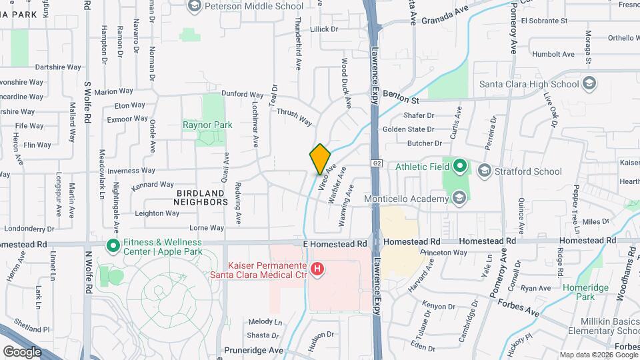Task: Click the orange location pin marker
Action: pos(320,159)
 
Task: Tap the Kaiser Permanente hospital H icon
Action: pos(317,270)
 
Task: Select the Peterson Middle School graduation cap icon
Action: pos(195,7)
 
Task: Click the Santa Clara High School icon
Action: pos(589,84)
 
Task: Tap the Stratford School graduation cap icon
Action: pos(484,171)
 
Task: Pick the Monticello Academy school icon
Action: pos(459,198)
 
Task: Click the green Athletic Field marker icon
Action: pos(460,166)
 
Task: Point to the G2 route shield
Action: pos(377,163)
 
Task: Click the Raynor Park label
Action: pos(207,125)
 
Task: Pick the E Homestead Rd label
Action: pos(335,245)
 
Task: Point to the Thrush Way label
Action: pos(294,117)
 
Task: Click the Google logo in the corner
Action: pos(22,351)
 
